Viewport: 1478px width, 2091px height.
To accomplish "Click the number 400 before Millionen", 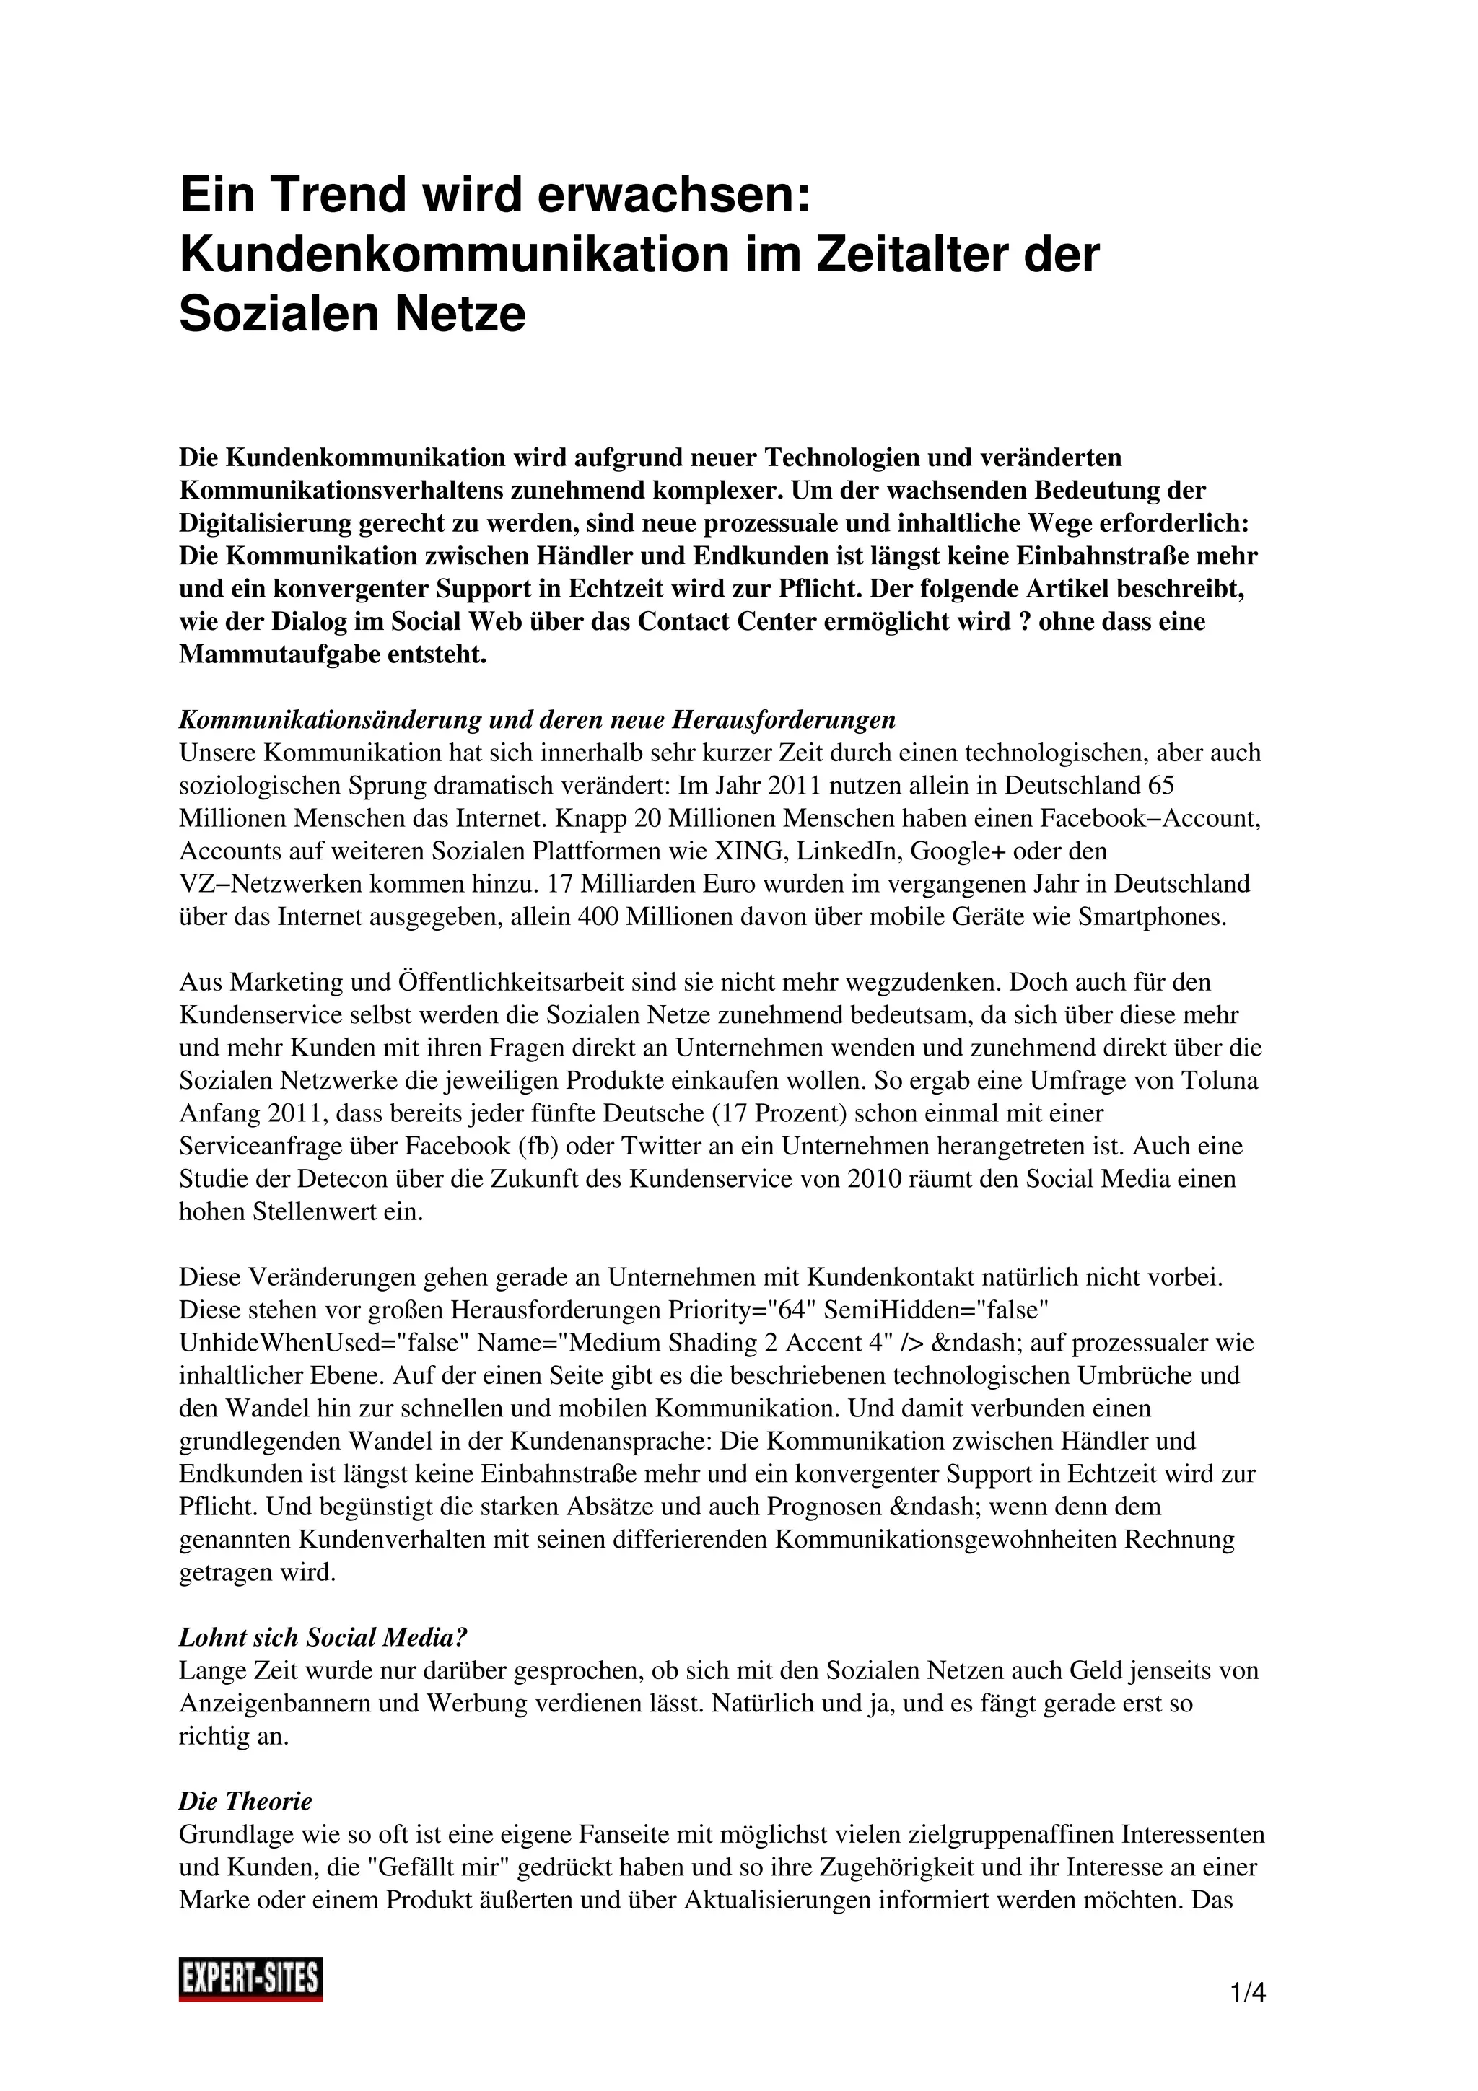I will (599, 916).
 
